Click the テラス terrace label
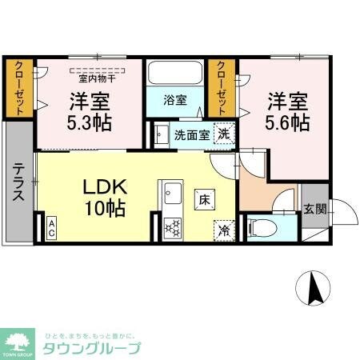coord(18,184)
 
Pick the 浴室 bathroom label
coord(174,101)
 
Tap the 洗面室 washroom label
coord(192,134)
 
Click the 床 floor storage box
coord(205,198)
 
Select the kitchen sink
coord(173,194)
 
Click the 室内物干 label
coord(98,78)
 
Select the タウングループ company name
coord(94,347)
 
